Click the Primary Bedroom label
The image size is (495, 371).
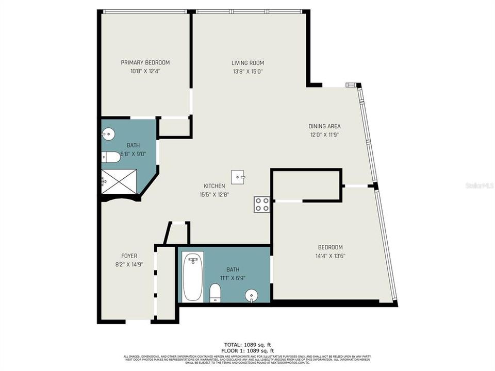145,63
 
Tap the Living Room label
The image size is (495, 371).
247,63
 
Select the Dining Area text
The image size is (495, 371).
324,126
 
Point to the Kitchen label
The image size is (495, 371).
214,186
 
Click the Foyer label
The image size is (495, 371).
129,256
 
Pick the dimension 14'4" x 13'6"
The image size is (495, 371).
330,256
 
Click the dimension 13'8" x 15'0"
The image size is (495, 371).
247,72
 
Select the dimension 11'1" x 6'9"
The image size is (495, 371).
233,278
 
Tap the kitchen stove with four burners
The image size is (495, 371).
262,205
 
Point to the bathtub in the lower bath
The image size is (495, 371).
193,276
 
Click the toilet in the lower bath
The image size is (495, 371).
216,293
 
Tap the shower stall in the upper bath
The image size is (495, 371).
119,181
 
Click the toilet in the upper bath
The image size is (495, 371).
111,157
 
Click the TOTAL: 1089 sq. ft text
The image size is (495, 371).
247,344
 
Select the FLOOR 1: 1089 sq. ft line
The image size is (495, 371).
247,350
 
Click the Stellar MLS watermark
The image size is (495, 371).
479,184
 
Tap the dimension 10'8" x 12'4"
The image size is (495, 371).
145,72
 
